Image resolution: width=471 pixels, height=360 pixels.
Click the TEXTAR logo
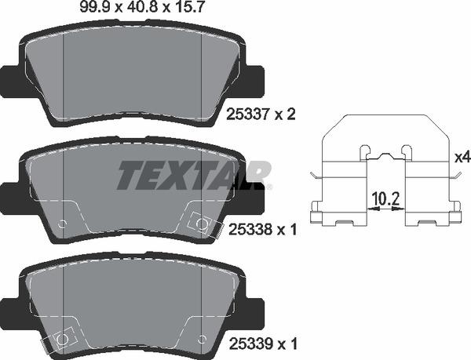click(194, 174)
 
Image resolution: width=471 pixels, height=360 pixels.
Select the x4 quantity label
click(462, 157)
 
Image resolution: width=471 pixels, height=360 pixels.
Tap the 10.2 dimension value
click(385, 198)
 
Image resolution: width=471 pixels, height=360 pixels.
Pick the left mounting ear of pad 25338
click(10, 194)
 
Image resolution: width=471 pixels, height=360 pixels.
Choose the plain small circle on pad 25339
click(202, 340)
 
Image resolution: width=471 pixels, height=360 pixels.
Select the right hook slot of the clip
click(406, 151)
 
